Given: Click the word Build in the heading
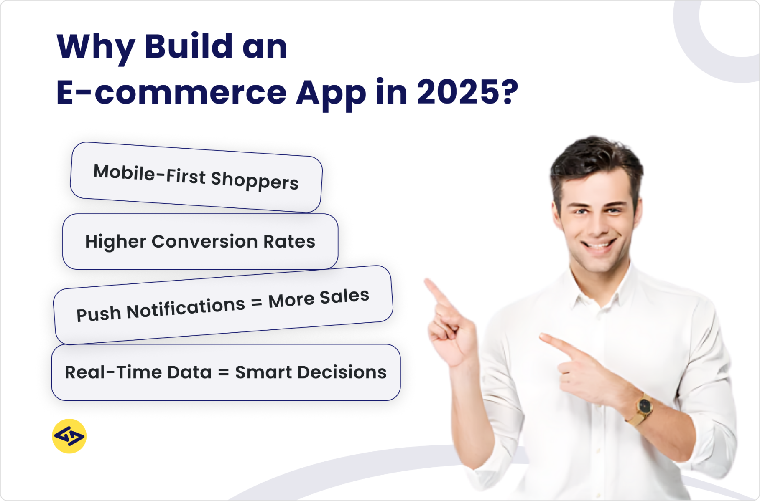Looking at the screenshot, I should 189,46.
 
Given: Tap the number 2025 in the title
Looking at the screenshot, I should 458,92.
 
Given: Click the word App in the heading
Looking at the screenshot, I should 331,94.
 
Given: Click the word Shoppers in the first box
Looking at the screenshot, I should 255,180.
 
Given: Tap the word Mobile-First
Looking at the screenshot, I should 149,173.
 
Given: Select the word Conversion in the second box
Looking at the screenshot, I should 204,241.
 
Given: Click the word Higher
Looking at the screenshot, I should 115,241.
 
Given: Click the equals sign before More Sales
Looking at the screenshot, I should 256,303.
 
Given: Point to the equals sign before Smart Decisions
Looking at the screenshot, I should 223,372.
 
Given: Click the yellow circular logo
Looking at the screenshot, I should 69,436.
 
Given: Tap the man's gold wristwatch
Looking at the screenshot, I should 644,405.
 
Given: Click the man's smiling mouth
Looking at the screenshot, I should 599,244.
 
